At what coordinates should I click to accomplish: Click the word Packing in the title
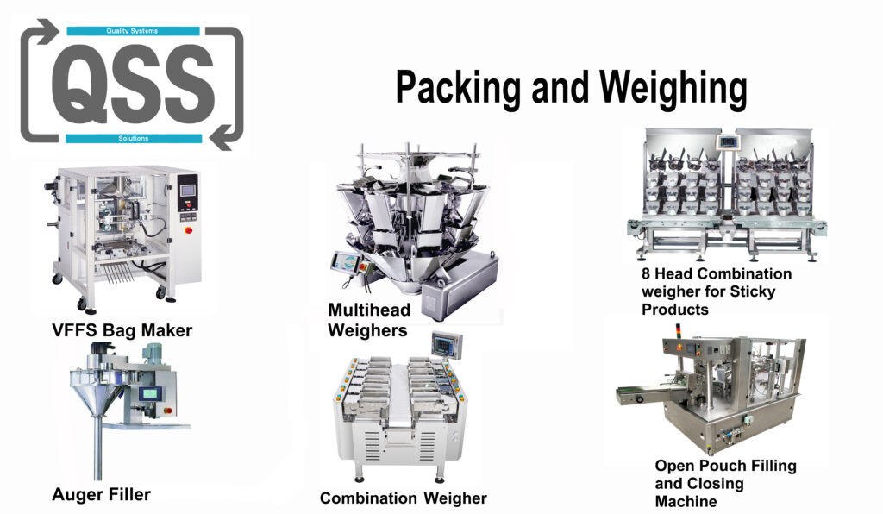458,88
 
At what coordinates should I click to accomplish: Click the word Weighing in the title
673,88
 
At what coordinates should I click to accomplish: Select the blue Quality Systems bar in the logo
133,31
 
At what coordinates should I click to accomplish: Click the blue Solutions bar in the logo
134,139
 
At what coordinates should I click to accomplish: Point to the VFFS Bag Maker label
122,330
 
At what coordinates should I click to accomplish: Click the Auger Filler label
102,494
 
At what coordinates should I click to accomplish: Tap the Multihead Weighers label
369,320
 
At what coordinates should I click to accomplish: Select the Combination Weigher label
404,498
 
